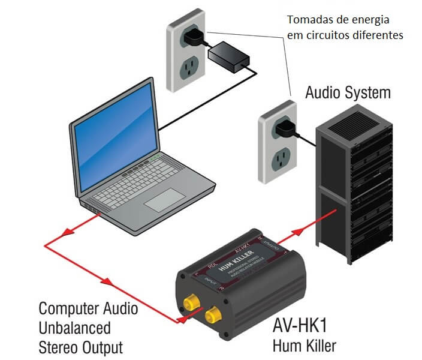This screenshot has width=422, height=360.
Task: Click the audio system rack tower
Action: (353, 186)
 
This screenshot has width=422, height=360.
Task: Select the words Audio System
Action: (348, 93)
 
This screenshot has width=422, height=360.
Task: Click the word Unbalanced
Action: (74, 328)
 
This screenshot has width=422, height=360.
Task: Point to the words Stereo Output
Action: (80, 347)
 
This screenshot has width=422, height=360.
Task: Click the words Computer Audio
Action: (88, 308)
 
